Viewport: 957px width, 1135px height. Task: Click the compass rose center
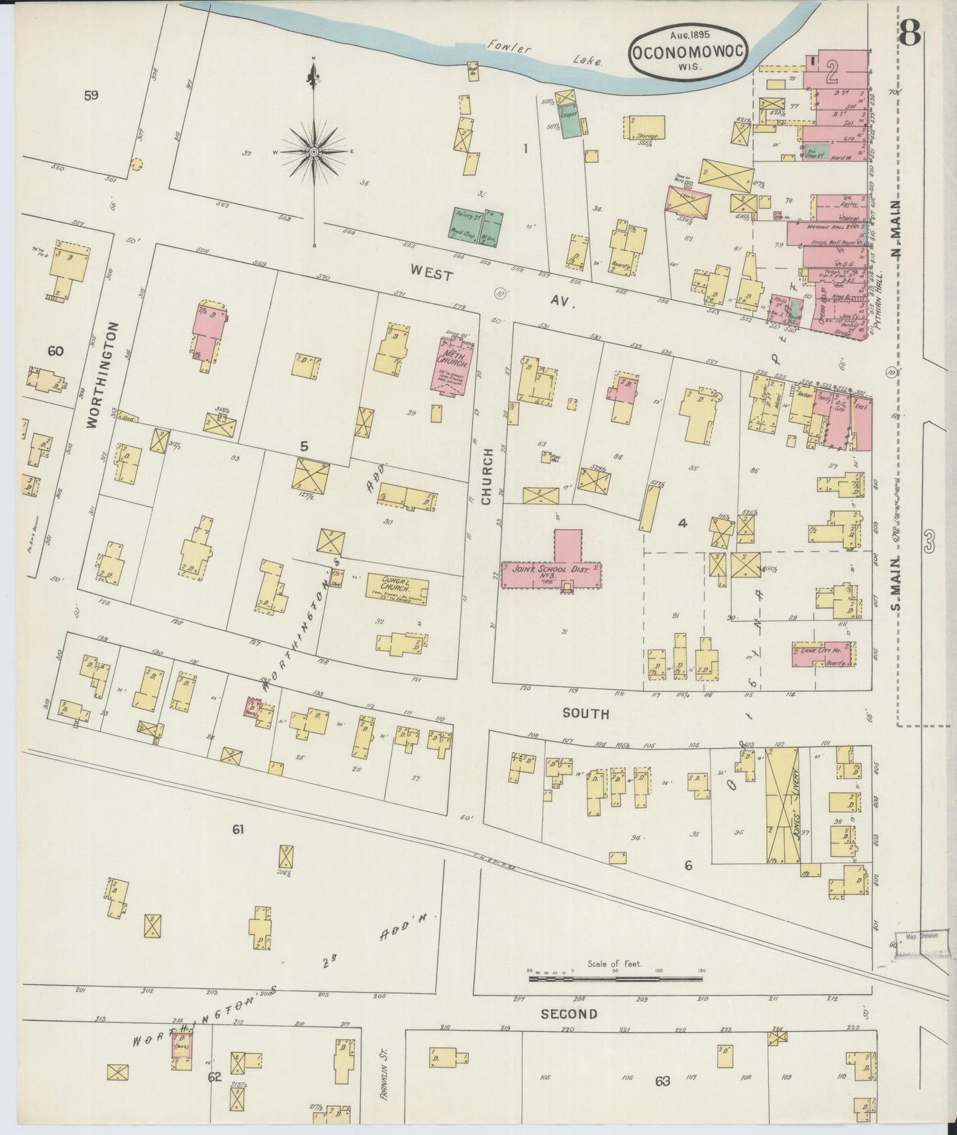(x=313, y=152)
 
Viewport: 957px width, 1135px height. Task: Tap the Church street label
(x=487, y=477)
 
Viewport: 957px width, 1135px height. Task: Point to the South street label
(x=585, y=714)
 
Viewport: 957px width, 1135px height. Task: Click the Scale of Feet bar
(x=616, y=977)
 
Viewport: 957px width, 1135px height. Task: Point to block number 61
(x=238, y=829)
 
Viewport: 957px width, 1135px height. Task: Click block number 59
(x=91, y=95)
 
